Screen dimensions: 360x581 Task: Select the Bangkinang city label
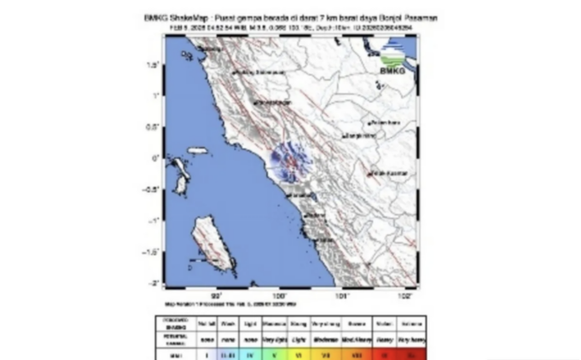[x=353, y=135]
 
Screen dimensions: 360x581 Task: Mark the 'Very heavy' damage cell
[x=408, y=336]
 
